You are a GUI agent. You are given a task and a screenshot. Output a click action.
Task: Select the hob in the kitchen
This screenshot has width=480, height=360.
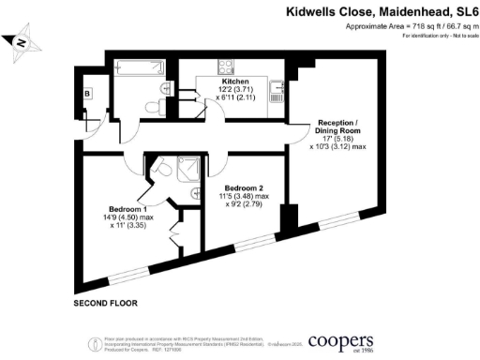pos(227,67)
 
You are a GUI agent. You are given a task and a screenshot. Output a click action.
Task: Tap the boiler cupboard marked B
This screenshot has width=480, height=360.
pos(87,95)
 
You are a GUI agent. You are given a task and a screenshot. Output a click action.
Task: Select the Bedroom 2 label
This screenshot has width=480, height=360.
pos(242,186)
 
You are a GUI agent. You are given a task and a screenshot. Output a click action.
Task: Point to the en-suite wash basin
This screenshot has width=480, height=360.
pos(195,192)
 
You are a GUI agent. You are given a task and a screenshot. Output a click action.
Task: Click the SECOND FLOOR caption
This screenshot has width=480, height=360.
pos(106,304)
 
